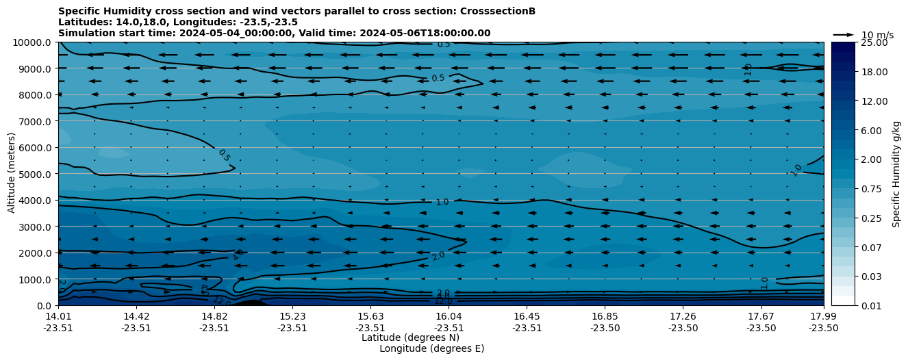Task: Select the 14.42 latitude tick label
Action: point(136,316)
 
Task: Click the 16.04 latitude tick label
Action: point(449,316)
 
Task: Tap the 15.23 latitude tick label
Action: point(292,316)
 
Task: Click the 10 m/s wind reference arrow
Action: point(843,35)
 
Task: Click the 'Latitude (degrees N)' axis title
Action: point(410,337)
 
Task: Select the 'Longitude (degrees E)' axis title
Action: point(431,348)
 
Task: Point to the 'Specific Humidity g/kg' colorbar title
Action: point(896,174)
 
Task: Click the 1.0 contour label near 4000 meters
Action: point(442,203)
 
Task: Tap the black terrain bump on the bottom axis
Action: point(251,303)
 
